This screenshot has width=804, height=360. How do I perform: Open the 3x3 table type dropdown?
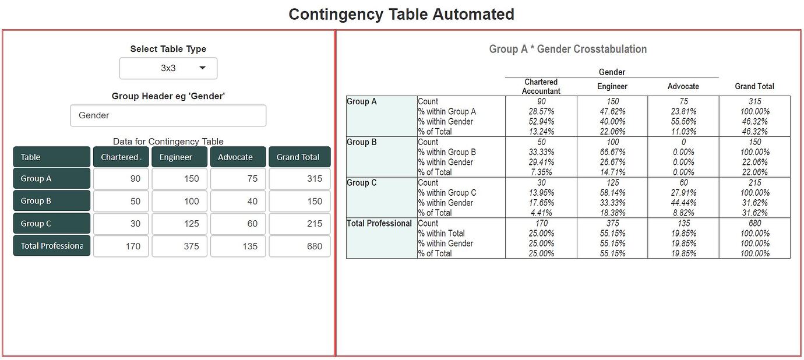pyautogui.click(x=168, y=68)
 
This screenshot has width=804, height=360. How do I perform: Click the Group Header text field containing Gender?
pyautogui.click(x=168, y=115)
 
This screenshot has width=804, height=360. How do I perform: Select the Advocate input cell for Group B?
pyautogui.click(x=238, y=201)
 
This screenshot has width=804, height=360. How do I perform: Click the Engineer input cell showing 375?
pyautogui.click(x=179, y=246)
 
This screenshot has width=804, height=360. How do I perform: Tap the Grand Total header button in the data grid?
pyautogui.click(x=299, y=157)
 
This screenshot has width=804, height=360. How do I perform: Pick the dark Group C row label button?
pyautogui.click(x=52, y=223)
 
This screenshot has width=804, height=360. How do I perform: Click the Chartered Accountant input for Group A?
pyautogui.click(x=121, y=178)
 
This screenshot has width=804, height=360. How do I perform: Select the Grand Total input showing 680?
pyautogui.click(x=299, y=246)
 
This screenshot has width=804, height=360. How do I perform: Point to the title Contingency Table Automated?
pyautogui.click(x=401, y=14)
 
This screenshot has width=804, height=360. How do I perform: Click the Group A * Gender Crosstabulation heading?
pyautogui.click(x=567, y=49)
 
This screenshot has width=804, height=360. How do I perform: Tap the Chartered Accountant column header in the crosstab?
pyautogui.click(x=541, y=86)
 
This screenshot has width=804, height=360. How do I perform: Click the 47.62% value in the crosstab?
pyautogui.click(x=612, y=111)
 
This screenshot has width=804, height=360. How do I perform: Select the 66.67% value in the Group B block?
pyautogui.click(x=612, y=152)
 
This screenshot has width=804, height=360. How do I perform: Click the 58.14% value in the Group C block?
pyautogui.click(x=612, y=193)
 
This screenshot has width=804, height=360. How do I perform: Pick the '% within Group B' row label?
pyautogui.click(x=447, y=152)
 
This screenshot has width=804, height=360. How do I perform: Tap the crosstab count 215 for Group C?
pyautogui.click(x=754, y=183)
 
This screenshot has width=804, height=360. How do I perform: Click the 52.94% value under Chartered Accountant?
pyautogui.click(x=541, y=122)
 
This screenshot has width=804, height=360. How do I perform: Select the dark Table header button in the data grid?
pyautogui.click(x=52, y=157)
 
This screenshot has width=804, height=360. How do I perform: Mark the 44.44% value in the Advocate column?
pyautogui.click(x=683, y=203)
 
